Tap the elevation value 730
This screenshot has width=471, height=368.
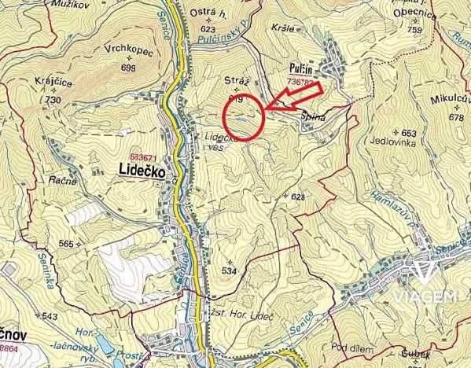(x=53, y=101)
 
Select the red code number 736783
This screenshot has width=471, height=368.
(x=304, y=80)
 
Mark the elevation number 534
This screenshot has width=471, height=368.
(x=229, y=270)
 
